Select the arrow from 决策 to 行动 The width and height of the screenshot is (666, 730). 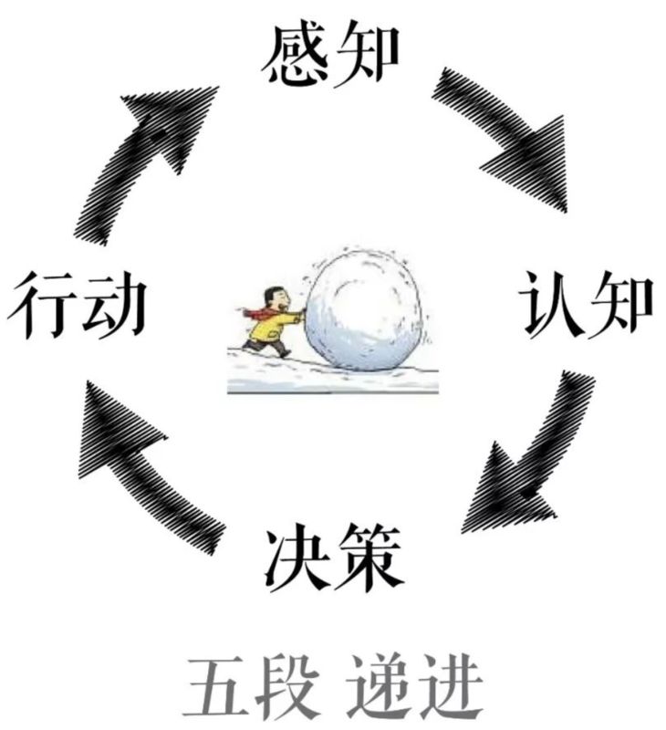tap(146, 465)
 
